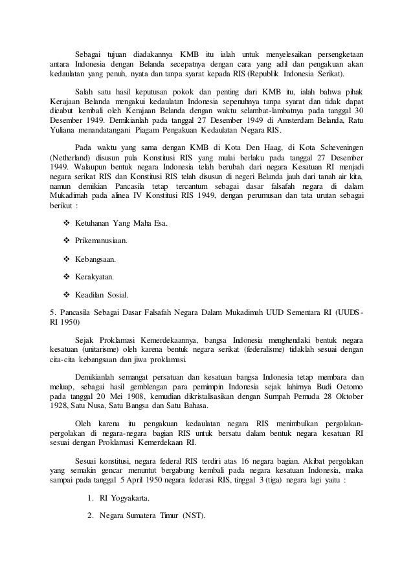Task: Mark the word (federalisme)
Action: pos(249,350)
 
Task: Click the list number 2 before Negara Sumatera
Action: pos(89,516)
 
